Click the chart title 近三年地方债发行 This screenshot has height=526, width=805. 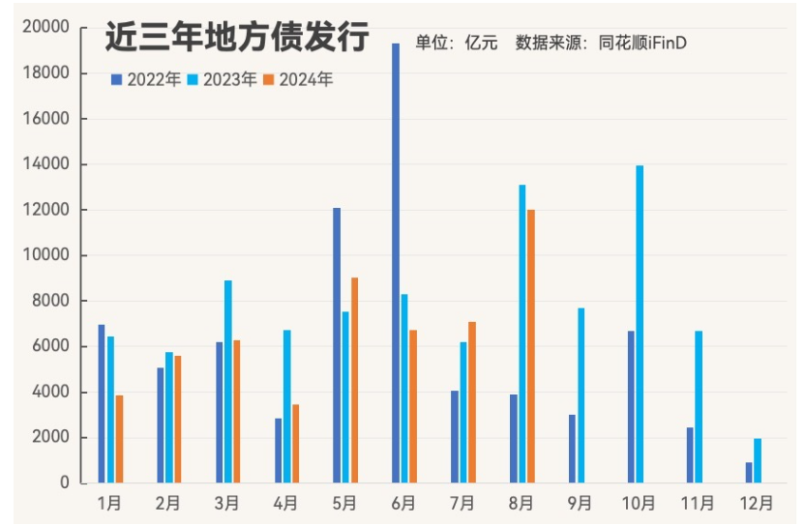tap(236, 39)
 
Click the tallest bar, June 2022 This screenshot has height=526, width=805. tap(396, 263)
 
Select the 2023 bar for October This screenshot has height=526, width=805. tap(640, 324)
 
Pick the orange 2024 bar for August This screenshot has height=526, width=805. tap(530, 346)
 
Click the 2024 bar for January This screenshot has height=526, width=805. tap(120, 439)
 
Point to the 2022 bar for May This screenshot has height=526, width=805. tap(337, 345)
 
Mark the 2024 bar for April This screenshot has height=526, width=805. tap(296, 444)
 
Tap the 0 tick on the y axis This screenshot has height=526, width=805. tap(64, 482)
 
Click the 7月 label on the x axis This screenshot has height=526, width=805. tap(462, 504)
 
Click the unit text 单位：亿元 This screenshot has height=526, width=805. tap(457, 42)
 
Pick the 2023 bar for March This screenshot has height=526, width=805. tap(228, 381)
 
